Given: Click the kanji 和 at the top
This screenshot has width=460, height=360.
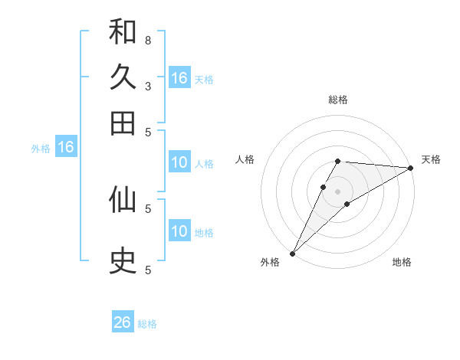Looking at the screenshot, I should point(123,31).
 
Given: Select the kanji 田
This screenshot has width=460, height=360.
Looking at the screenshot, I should point(123,123).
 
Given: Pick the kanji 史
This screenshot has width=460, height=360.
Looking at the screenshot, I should point(123,261).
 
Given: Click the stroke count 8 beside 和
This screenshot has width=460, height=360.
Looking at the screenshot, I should point(148,40).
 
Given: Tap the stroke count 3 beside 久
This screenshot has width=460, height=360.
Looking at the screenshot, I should point(148,86).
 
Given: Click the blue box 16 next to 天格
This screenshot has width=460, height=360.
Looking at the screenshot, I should point(179,78).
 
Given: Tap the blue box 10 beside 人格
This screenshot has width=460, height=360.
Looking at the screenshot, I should point(179,162).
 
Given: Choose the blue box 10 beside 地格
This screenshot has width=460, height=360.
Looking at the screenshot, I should point(179,231).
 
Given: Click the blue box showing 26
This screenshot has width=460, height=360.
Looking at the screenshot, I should point(123,322).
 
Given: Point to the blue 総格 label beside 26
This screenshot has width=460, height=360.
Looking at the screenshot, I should point(147,324).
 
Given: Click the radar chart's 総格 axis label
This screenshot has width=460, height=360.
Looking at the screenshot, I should point(338,100).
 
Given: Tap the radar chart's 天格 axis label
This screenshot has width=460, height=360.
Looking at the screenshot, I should point(431,159).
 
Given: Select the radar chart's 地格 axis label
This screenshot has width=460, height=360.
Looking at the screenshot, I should point(402,262).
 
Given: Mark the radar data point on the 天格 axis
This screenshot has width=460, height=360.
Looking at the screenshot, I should point(410,168).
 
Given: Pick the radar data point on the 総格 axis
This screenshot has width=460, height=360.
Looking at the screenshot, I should point(338,161).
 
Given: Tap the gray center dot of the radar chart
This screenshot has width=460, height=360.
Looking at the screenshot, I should point(338,191).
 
